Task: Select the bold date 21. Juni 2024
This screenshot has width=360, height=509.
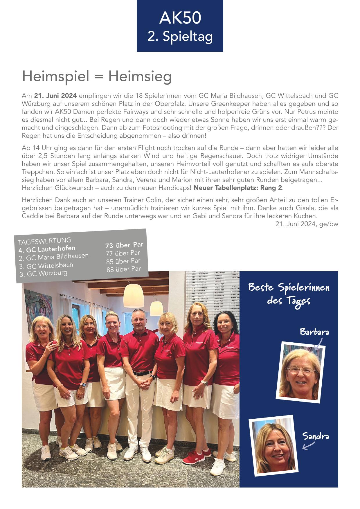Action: pos(55,96)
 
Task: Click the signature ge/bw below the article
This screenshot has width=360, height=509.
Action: pos(329,224)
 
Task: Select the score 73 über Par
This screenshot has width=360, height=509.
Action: pos(124,245)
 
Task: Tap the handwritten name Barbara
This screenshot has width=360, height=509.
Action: pos(314,332)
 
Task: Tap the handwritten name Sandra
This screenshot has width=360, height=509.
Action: pos(315,436)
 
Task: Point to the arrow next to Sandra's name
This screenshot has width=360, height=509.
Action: pos(308,446)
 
